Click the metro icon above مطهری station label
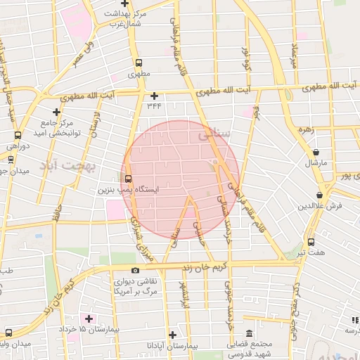click(x=139, y=62)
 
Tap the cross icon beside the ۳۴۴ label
click(x=154, y=95)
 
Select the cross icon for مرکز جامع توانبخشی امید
click(x=56, y=111)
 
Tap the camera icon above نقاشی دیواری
click(x=135, y=270)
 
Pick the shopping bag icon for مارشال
click(x=316, y=152)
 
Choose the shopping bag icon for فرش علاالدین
click(x=320, y=195)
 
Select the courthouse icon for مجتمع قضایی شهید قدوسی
click(x=249, y=334)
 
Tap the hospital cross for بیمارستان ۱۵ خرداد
click(x=89, y=319)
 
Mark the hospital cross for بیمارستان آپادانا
click(x=172, y=335)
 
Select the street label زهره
click(x=304, y=129)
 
